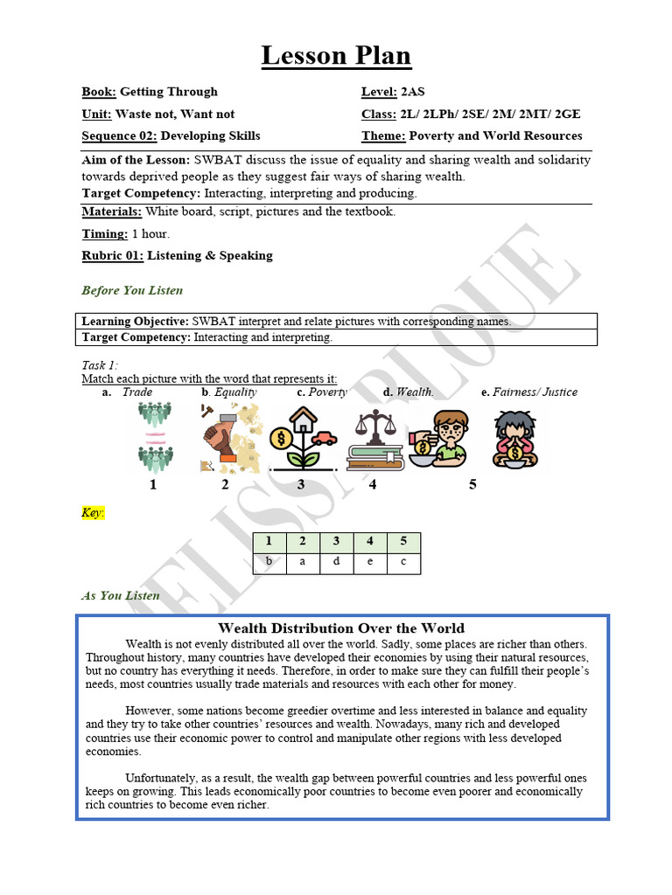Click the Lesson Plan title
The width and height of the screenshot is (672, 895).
point(336,57)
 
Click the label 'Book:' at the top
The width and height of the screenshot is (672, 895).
point(99,92)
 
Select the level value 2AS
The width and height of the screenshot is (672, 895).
point(412,92)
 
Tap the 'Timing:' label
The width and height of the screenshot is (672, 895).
point(105,233)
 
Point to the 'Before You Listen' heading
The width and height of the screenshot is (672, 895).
point(132,290)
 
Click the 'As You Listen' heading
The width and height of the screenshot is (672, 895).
point(121,595)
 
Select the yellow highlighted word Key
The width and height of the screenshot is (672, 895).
point(93,512)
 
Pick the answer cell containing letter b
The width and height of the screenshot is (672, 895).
point(269,562)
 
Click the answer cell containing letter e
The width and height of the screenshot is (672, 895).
point(370,562)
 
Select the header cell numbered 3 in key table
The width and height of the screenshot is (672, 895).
point(337,542)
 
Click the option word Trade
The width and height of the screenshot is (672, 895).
point(137,392)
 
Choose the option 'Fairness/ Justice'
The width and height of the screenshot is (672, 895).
point(535,392)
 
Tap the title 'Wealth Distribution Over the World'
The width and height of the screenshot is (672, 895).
point(341,628)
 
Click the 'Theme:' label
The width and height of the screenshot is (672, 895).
point(383,135)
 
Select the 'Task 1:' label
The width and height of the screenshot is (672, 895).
point(100,365)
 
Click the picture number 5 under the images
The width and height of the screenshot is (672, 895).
point(472,484)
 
